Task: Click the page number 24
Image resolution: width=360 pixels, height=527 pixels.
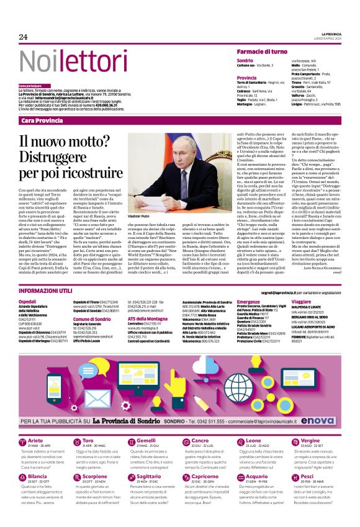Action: (x=23, y=37)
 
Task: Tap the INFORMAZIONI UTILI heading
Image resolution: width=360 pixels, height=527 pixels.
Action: (x=46, y=291)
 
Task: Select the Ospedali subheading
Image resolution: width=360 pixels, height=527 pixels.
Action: (x=28, y=301)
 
